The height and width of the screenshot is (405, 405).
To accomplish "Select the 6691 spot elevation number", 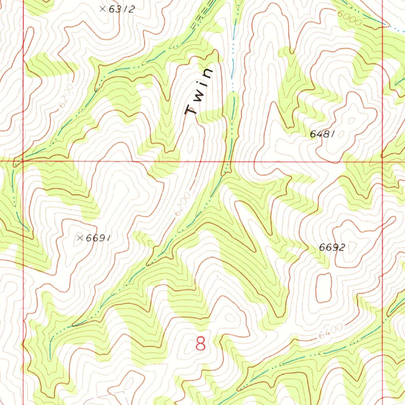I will (97, 238).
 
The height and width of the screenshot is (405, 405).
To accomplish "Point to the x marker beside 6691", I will (80, 238).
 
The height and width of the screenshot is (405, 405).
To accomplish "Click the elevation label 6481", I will (322, 134).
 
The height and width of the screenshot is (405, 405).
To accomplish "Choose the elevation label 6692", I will (332, 248).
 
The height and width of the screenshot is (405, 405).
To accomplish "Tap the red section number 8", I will (201, 344).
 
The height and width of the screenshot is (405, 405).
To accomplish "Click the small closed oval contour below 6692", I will (323, 287).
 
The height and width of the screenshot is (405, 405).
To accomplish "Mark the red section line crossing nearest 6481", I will (382, 161).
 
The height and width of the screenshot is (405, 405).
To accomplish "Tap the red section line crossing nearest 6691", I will (23, 161).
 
